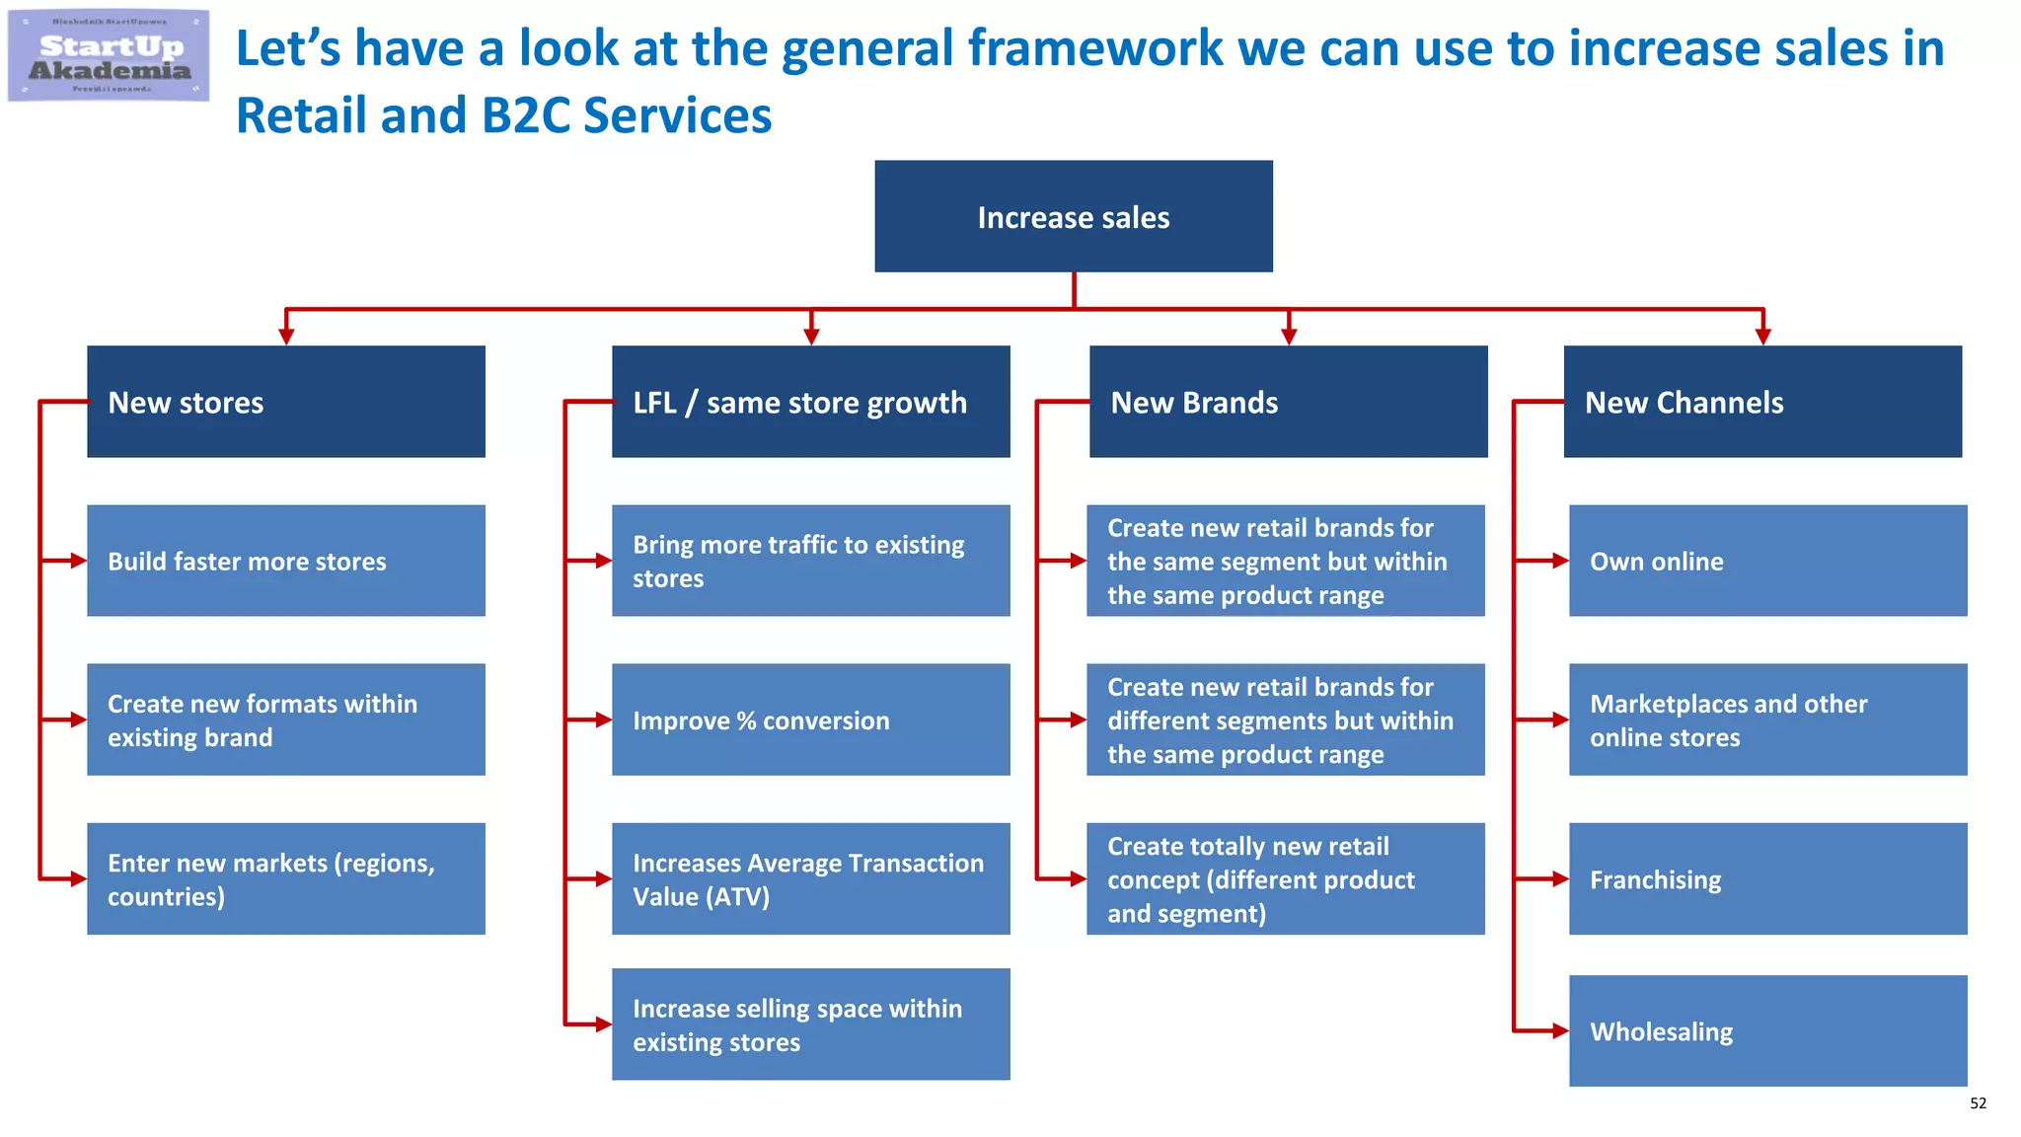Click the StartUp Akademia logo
pos(109,56)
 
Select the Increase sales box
pos(1073,216)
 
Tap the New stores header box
pos(286,402)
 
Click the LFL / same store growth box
pos(810,402)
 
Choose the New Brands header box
pos(1288,402)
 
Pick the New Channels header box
pos(1762,402)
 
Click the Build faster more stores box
pos(286,561)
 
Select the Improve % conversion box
pos(810,720)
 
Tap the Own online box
pos(1767,561)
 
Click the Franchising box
pos(1767,878)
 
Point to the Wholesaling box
pos(1767,1030)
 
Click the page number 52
pos(1978,1103)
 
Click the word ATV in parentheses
pos(738,897)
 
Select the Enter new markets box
pos(286,878)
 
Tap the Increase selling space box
pos(810,1023)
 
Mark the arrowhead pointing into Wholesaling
pos(1560,1031)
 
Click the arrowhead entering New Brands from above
pos(1288,337)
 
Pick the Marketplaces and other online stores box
pos(1767,720)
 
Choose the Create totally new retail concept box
pos(1285,878)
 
